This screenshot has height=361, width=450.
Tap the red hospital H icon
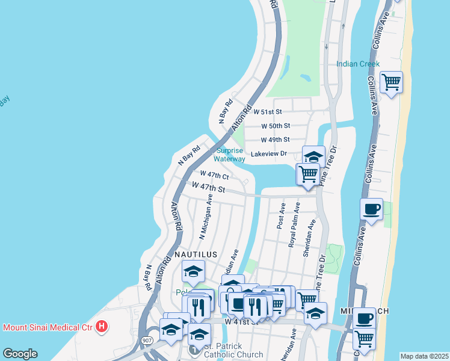(102, 327)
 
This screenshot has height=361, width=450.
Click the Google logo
(20, 354)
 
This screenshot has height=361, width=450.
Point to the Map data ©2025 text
(424, 356)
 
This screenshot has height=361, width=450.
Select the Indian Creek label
(358, 64)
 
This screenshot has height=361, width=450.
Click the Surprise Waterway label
(229, 155)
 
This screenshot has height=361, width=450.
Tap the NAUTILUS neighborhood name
(195, 255)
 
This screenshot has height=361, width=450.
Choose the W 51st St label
(267, 112)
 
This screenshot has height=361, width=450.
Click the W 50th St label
(276, 126)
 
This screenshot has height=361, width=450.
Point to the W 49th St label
(276, 140)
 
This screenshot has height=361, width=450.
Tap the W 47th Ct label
(214, 175)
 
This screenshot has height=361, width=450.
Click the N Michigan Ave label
(206, 216)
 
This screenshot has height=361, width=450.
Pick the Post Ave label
(281, 215)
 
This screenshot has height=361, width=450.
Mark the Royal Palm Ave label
(294, 224)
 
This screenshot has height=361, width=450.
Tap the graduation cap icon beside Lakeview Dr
(313, 156)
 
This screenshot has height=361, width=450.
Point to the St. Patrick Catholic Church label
(233, 350)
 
